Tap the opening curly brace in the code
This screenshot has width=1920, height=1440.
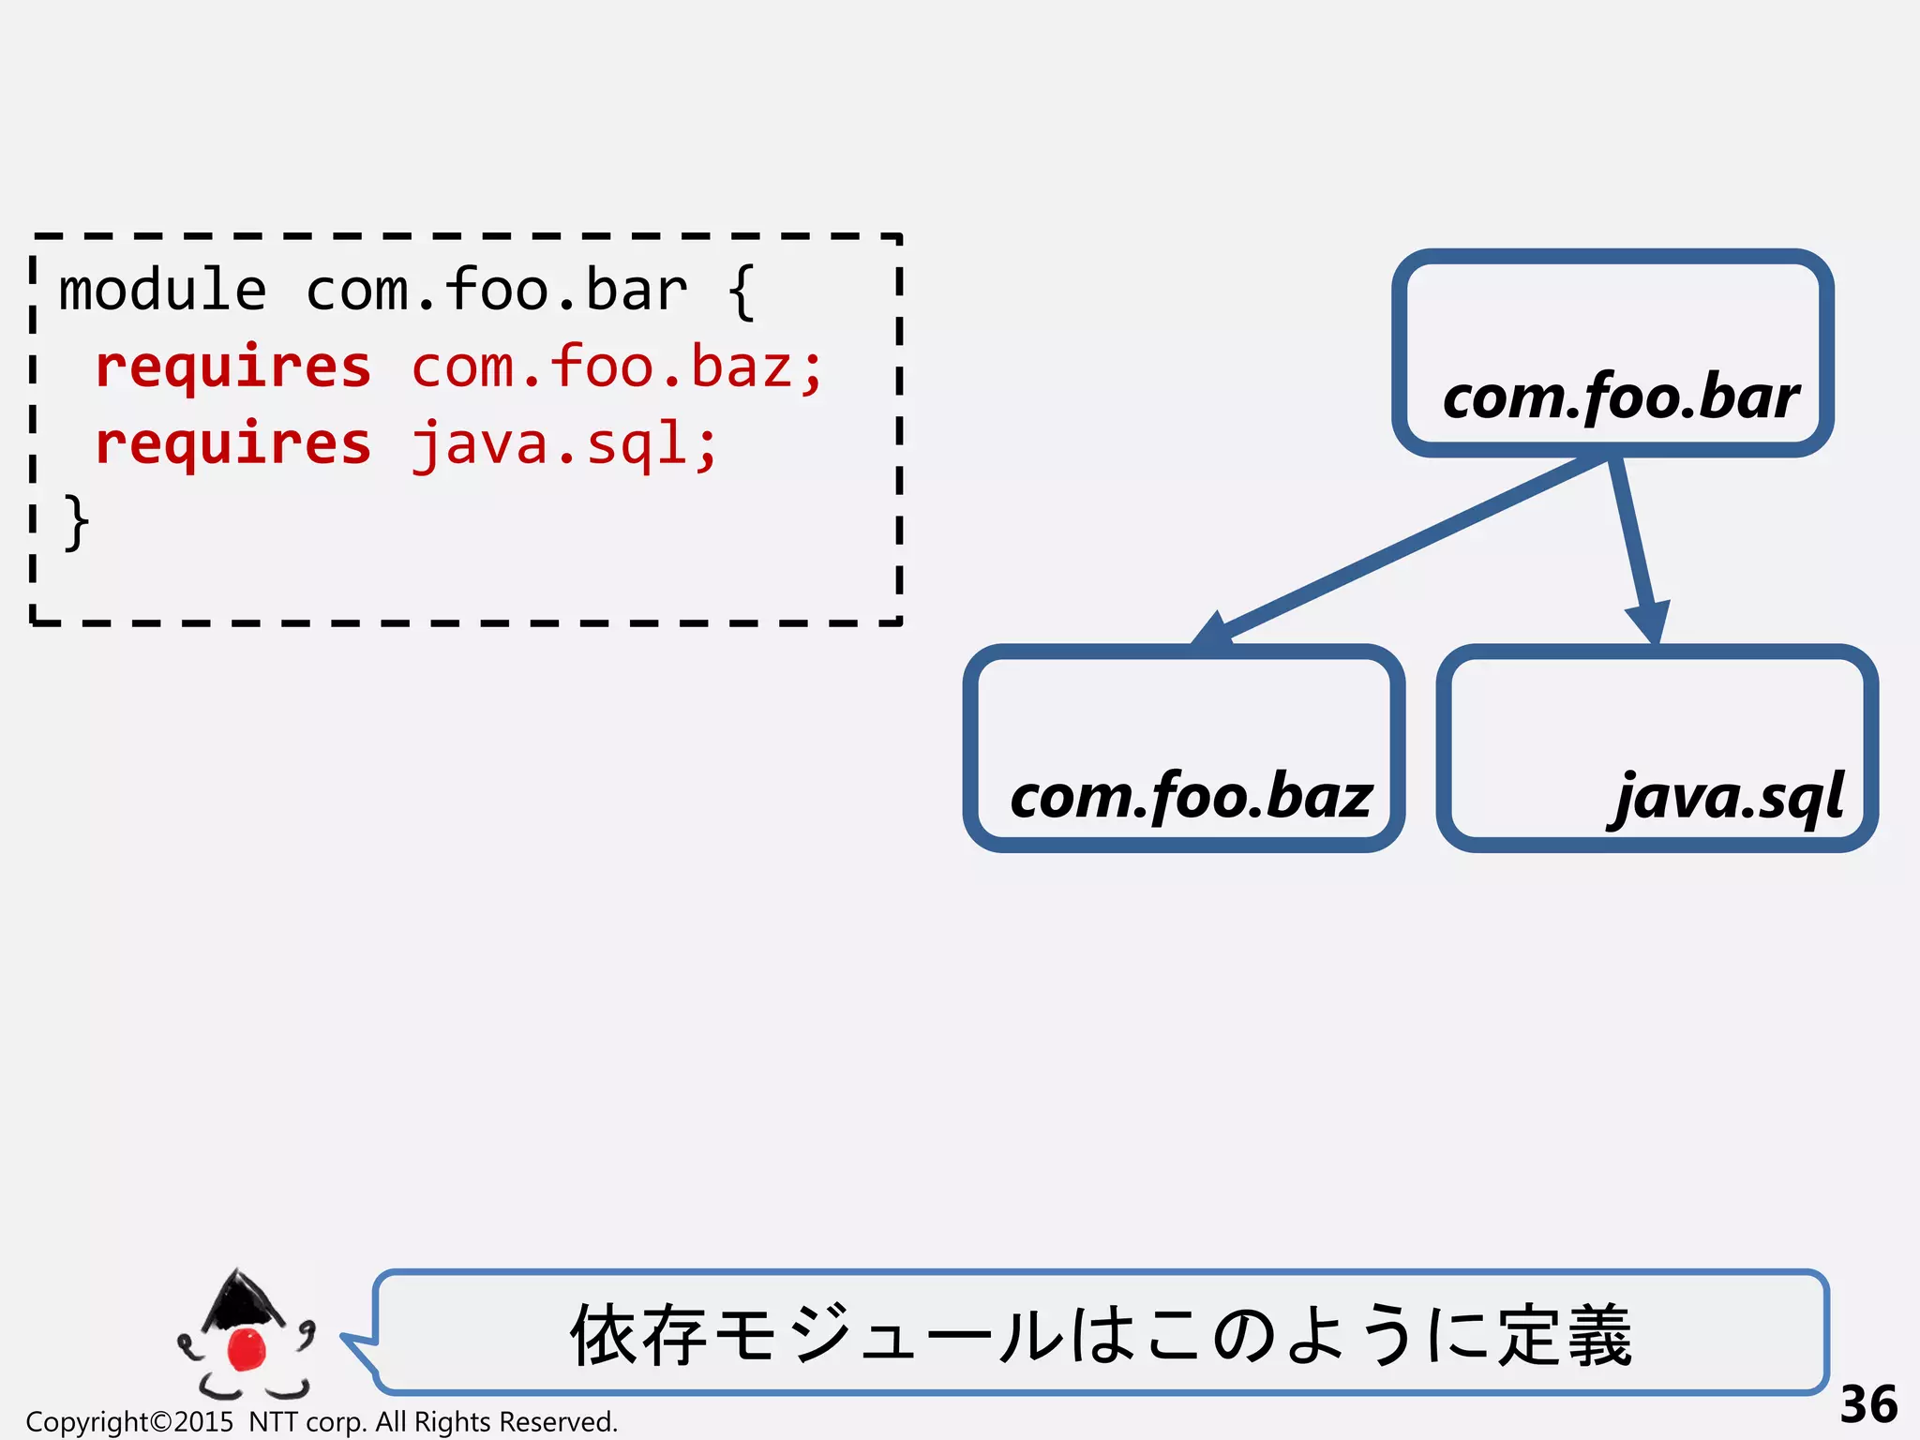[741, 292]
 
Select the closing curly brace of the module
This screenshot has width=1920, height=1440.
[76, 522]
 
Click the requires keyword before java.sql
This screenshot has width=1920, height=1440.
[233, 444]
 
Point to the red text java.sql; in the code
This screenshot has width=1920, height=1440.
[564, 444]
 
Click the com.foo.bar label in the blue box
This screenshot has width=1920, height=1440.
[1620, 397]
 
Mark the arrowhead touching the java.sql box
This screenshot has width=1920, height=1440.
[1650, 623]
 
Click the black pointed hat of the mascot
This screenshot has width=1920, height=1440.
[241, 1299]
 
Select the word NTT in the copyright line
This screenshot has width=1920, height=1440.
[273, 1422]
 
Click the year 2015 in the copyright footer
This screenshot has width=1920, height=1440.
[203, 1422]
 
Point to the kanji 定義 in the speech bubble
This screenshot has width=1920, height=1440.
[1564, 1336]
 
